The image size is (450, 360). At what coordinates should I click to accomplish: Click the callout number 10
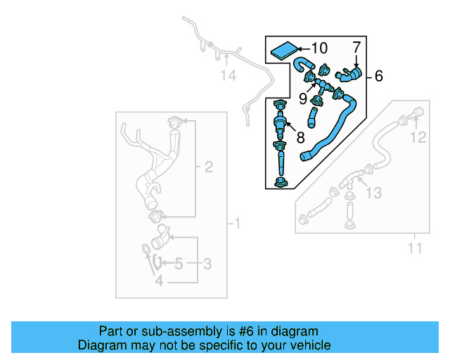pyautogui.click(x=319, y=49)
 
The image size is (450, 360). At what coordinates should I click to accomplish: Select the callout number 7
pyautogui.click(x=356, y=47)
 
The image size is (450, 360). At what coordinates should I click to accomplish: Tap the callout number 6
pyautogui.click(x=378, y=76)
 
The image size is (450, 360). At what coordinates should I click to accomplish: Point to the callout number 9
pyautogui.click(x=303, y=98)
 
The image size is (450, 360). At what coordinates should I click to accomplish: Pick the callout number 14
pyautogui.click(x=227, y=75)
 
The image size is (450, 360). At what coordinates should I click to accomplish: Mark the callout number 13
pyautogui.click(x=374, y=192)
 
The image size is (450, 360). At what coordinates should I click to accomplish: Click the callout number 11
pyautogui.click(x=415, y=247)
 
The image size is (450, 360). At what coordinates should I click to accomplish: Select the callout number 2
pyautogui.click(x=208, y=167)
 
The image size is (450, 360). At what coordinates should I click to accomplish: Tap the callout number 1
pyautogui.click(x=237, y=224)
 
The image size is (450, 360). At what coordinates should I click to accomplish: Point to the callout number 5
pyautogui.click(x=179, y=264)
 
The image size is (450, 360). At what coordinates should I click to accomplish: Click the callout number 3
pyautogui.click(x=208, y=264)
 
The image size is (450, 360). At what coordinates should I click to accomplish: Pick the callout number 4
pyautogui.click(x=159, y=281)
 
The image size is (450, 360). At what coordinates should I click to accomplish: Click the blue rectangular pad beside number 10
pyautogui.click(x=283, y=51)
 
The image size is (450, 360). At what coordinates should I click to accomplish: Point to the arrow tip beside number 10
pyautogui.click(x=297, y=49)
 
